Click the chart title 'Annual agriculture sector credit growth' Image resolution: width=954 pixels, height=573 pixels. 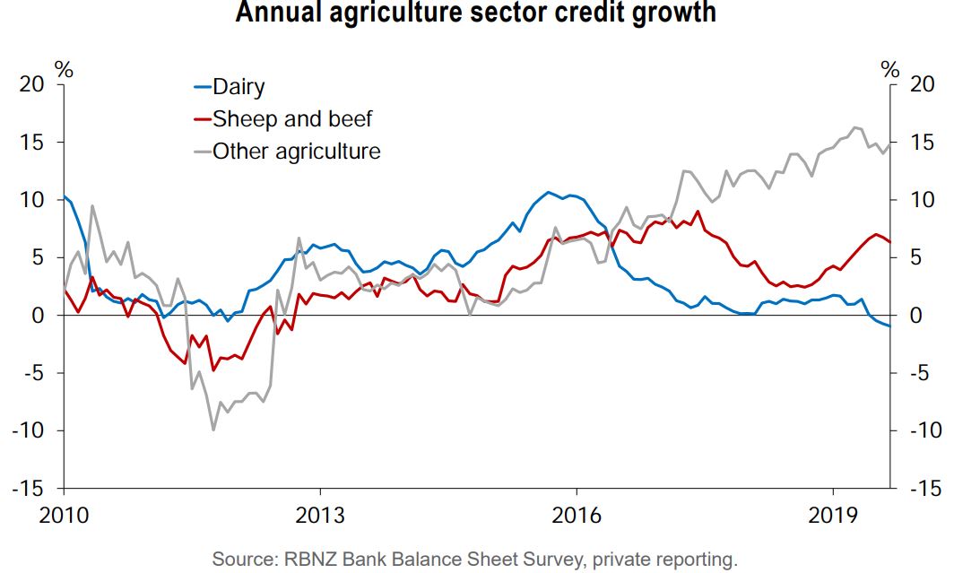click(x=476, y=13)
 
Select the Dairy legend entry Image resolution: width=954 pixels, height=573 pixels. click(x=238, y=87)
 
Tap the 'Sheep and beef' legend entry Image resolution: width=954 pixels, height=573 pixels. click(x=291, y=118)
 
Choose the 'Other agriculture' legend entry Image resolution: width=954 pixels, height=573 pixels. click(x=295, y=151)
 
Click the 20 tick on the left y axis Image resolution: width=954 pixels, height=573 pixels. click(x=31, y=85)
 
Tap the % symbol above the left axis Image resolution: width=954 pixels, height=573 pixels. click(x=65, y=68)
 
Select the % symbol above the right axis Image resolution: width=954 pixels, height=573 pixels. click(x=889, y=68)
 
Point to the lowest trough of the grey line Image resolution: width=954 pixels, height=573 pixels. click(x=213, y=430)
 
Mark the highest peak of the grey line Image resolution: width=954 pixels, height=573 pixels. click(x=854, y=127)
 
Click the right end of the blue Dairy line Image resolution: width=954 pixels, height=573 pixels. click(x=889, y=326)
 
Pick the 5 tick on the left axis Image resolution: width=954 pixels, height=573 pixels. click(x=38, y=258)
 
